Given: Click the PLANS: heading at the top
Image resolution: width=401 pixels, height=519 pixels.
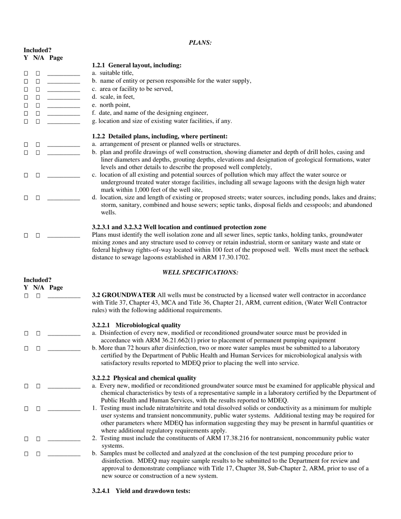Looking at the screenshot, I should coord(200,43).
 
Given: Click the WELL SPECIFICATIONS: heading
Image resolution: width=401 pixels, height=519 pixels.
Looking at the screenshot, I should coord(200,273).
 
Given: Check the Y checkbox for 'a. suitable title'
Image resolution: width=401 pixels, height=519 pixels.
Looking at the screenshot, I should coord(26,73).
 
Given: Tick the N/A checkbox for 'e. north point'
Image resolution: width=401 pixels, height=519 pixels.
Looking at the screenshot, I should coord(38,105).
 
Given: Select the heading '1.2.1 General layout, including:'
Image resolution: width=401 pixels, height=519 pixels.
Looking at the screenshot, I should coord(137,65).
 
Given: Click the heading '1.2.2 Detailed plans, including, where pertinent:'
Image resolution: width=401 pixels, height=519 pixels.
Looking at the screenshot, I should coord(160,136).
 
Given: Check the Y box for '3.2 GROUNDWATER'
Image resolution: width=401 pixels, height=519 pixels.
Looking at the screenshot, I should coord(26,296).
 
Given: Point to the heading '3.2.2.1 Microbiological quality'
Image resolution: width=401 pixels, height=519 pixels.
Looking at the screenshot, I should coord(136,325).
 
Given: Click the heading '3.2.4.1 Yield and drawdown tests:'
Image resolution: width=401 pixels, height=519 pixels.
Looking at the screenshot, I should coord(141,491).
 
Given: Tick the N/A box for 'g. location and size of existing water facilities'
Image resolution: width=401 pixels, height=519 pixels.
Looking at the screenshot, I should coord(38,122).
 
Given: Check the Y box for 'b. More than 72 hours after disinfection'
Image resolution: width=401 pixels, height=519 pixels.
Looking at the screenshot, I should coord(26,349).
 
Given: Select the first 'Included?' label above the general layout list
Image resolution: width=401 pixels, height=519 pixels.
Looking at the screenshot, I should coord(37,50).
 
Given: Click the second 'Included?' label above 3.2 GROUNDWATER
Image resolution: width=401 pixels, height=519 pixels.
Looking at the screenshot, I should coord(37,280).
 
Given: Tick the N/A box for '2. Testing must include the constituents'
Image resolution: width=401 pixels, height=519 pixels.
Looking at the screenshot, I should coord(38,439).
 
